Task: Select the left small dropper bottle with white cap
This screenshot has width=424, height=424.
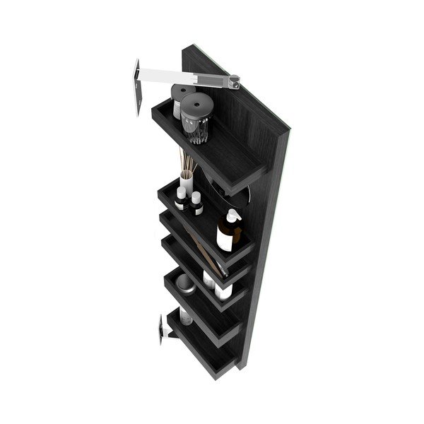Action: coord(180,200)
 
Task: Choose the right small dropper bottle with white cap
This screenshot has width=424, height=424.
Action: coord(197,204)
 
